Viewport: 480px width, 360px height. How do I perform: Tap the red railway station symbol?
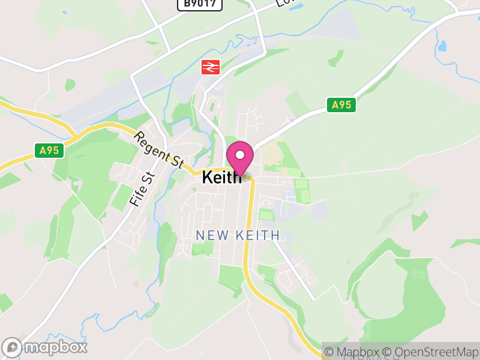pyautogui.click(x=209, y=67)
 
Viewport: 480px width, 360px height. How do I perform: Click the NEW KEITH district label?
pyautogui.click(x=238, y=235)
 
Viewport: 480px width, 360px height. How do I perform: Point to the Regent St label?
pyautogui.click(x=158, y=151)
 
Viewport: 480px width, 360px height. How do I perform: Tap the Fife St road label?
pyautogui.click(x=142, y=189)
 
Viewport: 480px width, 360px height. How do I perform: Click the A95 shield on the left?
pyautogui.click(x=49, y=150)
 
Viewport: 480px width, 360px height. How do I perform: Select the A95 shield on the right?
pyautogui.click(x=341, y=105)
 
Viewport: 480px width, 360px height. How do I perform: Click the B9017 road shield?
pyautogui.click(x=200, y=4)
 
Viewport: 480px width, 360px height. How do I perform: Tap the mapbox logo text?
pyautogui.click(x=55, y=347)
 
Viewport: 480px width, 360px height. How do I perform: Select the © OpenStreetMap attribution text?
pyautogui.click(x=430, y=352)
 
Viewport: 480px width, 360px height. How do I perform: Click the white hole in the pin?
pyautogui.click(x=240, y=155)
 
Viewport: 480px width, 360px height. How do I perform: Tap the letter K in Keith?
pyautogui.click(x=208, y=178)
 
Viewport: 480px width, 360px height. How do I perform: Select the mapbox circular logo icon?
pyautogui.click(x=12, y=347)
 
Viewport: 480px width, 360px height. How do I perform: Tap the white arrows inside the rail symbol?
pyautogui.click(x=209, y=67)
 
